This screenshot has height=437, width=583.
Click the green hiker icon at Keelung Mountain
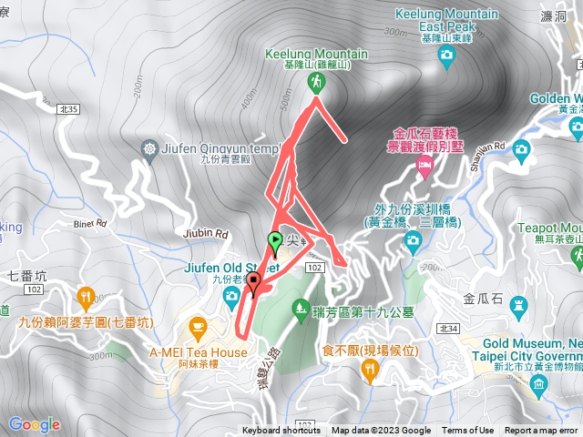[x=316, y=83]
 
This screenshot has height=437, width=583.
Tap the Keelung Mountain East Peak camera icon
[x=446, y=56]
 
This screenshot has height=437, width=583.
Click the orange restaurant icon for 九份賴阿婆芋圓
[x=86, y=295]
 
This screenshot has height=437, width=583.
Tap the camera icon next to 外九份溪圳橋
[x=413, y=240]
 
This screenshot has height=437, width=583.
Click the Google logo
[x=34, y=424]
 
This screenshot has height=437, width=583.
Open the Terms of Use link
[x=468, y=431]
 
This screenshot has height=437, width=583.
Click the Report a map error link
[x=543, y=431]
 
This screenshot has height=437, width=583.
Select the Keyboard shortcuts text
[x=281, y=431]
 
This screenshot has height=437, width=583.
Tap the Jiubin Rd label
[x=210, y=233]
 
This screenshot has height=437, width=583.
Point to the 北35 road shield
[x=68, y=109]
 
